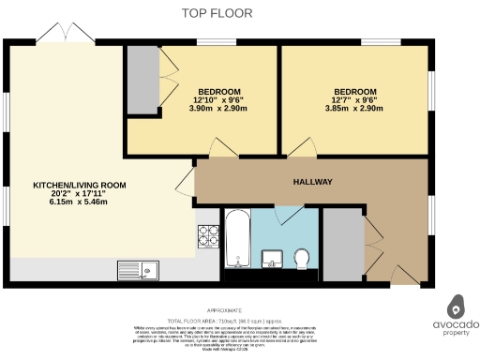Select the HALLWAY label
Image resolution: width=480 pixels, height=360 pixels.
(313, 181)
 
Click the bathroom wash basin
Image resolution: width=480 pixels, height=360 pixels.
(275, 257)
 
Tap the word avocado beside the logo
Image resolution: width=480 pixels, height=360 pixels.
(457, 324)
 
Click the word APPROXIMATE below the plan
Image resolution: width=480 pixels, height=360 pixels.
(225, 309)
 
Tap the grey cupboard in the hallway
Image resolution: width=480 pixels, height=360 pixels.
(340, 243)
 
